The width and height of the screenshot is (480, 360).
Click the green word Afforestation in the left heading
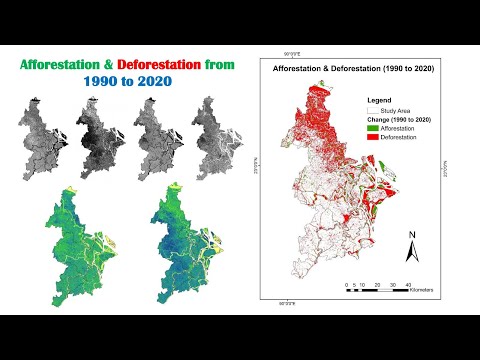coord(63,65)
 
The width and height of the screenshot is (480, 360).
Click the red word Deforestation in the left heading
coord(157,65)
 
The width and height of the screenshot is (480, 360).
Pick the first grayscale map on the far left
coord(44,135)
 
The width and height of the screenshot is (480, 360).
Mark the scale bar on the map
coord(376,290)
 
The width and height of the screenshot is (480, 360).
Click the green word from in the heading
coord(221,65)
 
